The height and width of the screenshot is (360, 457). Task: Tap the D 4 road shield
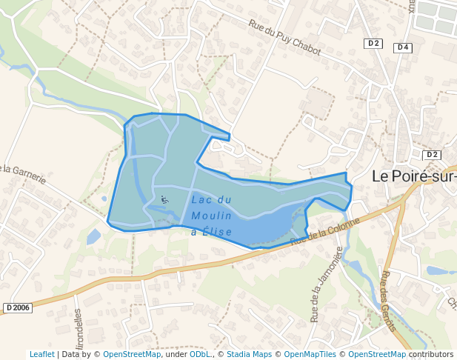coord(403,47)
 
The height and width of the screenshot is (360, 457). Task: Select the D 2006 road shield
coord(18,307)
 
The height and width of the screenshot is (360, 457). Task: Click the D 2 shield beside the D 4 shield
coord(373,44)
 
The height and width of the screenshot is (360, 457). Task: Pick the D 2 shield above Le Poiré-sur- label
coord(432,155)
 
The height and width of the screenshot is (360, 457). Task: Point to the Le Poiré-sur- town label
coord(413,176)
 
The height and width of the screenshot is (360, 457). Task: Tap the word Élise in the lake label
coord(218,232)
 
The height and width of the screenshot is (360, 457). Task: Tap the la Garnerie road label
coord(24,173)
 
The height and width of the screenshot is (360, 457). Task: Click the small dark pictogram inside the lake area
coord(164,199)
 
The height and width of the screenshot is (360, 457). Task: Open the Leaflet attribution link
coord(41,354)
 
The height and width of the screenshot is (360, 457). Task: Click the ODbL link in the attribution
coord(201,354)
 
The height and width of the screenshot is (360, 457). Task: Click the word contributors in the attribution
coord(431,354)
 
